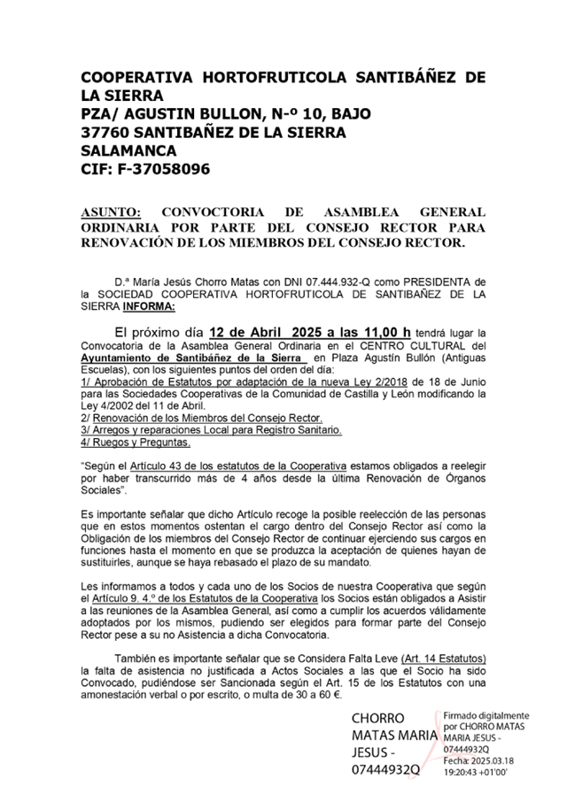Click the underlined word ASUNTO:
click(111, 212)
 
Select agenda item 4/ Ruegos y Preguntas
click(135, 440)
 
